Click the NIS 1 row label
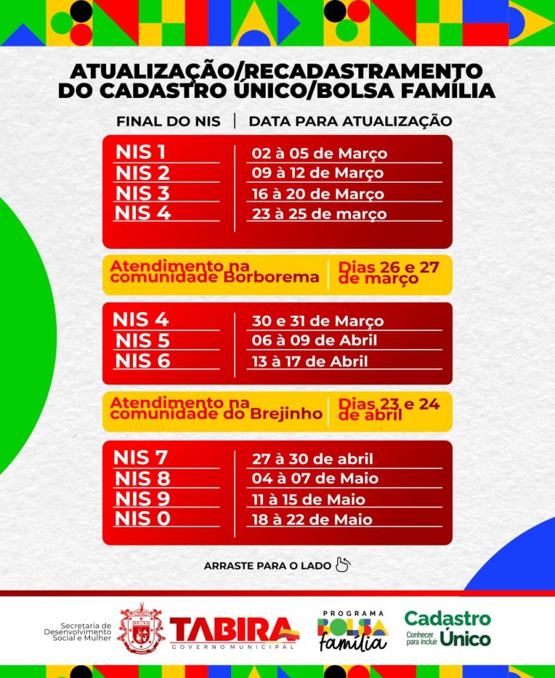[140, 152]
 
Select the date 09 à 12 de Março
[317, 173]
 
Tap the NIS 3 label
[142, 193]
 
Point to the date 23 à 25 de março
[319, 215]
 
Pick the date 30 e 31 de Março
[317, 321]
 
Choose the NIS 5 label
[142, 340]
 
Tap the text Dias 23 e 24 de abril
[388, 409]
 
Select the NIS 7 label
[140, 458]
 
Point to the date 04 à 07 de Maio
[315, 479]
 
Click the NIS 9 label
[142, 498]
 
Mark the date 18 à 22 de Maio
[312, 520]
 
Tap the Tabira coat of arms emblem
[141, 628]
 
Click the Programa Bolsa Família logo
[352, 631]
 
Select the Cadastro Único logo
[448, 629]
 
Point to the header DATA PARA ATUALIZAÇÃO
[350, 121]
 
